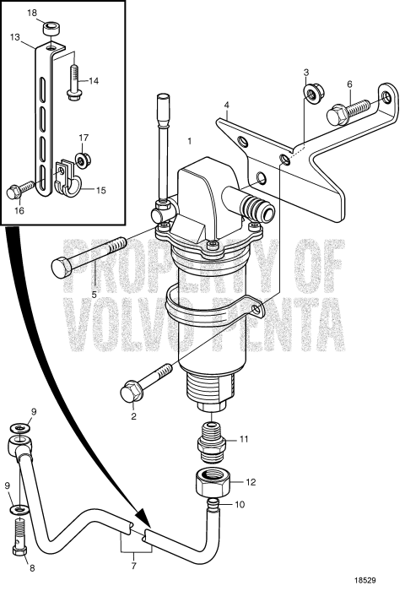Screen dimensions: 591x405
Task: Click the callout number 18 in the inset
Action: coord(32,14)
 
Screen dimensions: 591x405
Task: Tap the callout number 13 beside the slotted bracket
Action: coord(16,37)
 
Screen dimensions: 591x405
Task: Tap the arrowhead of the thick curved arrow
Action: coord(143,531)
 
